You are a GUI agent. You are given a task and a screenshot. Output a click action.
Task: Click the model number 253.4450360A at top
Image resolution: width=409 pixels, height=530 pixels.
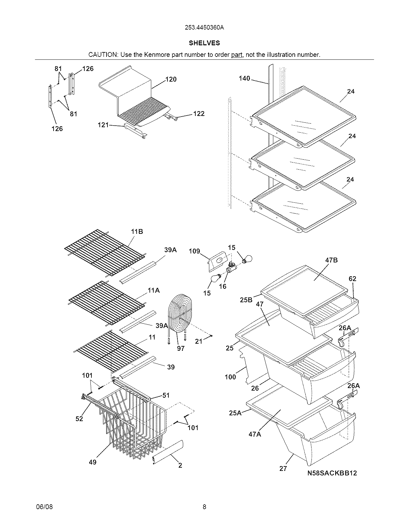coord(204,28)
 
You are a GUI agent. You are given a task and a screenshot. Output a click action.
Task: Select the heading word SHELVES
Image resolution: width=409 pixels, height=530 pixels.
coord(204,43)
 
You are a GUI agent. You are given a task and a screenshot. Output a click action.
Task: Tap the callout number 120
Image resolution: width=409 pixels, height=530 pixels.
coord(171,79)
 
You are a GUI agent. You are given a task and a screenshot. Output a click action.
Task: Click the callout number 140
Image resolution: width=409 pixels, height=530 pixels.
coord(244,78)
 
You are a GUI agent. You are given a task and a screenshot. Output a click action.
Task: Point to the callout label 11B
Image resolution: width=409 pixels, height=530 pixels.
coord(137,232)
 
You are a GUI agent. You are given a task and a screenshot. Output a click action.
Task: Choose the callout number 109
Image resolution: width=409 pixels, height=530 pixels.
coord(194,251)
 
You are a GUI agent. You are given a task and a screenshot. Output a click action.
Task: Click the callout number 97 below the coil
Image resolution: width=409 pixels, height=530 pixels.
coord(181,348)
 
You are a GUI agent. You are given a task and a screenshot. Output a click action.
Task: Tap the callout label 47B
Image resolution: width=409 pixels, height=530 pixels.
coord(331,260)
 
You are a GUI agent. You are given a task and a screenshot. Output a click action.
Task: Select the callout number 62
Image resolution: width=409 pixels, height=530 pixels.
coord(352,278)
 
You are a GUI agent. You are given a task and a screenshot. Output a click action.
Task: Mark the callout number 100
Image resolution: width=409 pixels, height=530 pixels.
coord(230,377)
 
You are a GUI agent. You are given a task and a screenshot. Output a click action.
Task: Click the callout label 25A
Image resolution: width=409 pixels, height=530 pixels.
coord(235,413)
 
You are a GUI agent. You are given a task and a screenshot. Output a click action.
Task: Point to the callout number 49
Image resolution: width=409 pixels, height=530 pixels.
coord(93,462)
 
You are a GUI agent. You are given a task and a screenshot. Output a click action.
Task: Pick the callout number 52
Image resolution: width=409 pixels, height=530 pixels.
coord(79,419)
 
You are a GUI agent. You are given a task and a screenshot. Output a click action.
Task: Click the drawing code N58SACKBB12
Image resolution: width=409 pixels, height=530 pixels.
coord(332,473)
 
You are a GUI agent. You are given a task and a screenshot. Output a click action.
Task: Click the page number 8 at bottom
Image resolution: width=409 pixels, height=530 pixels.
coord(204,507)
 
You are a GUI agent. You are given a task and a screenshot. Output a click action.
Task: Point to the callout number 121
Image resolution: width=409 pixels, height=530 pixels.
coord(103,125)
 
